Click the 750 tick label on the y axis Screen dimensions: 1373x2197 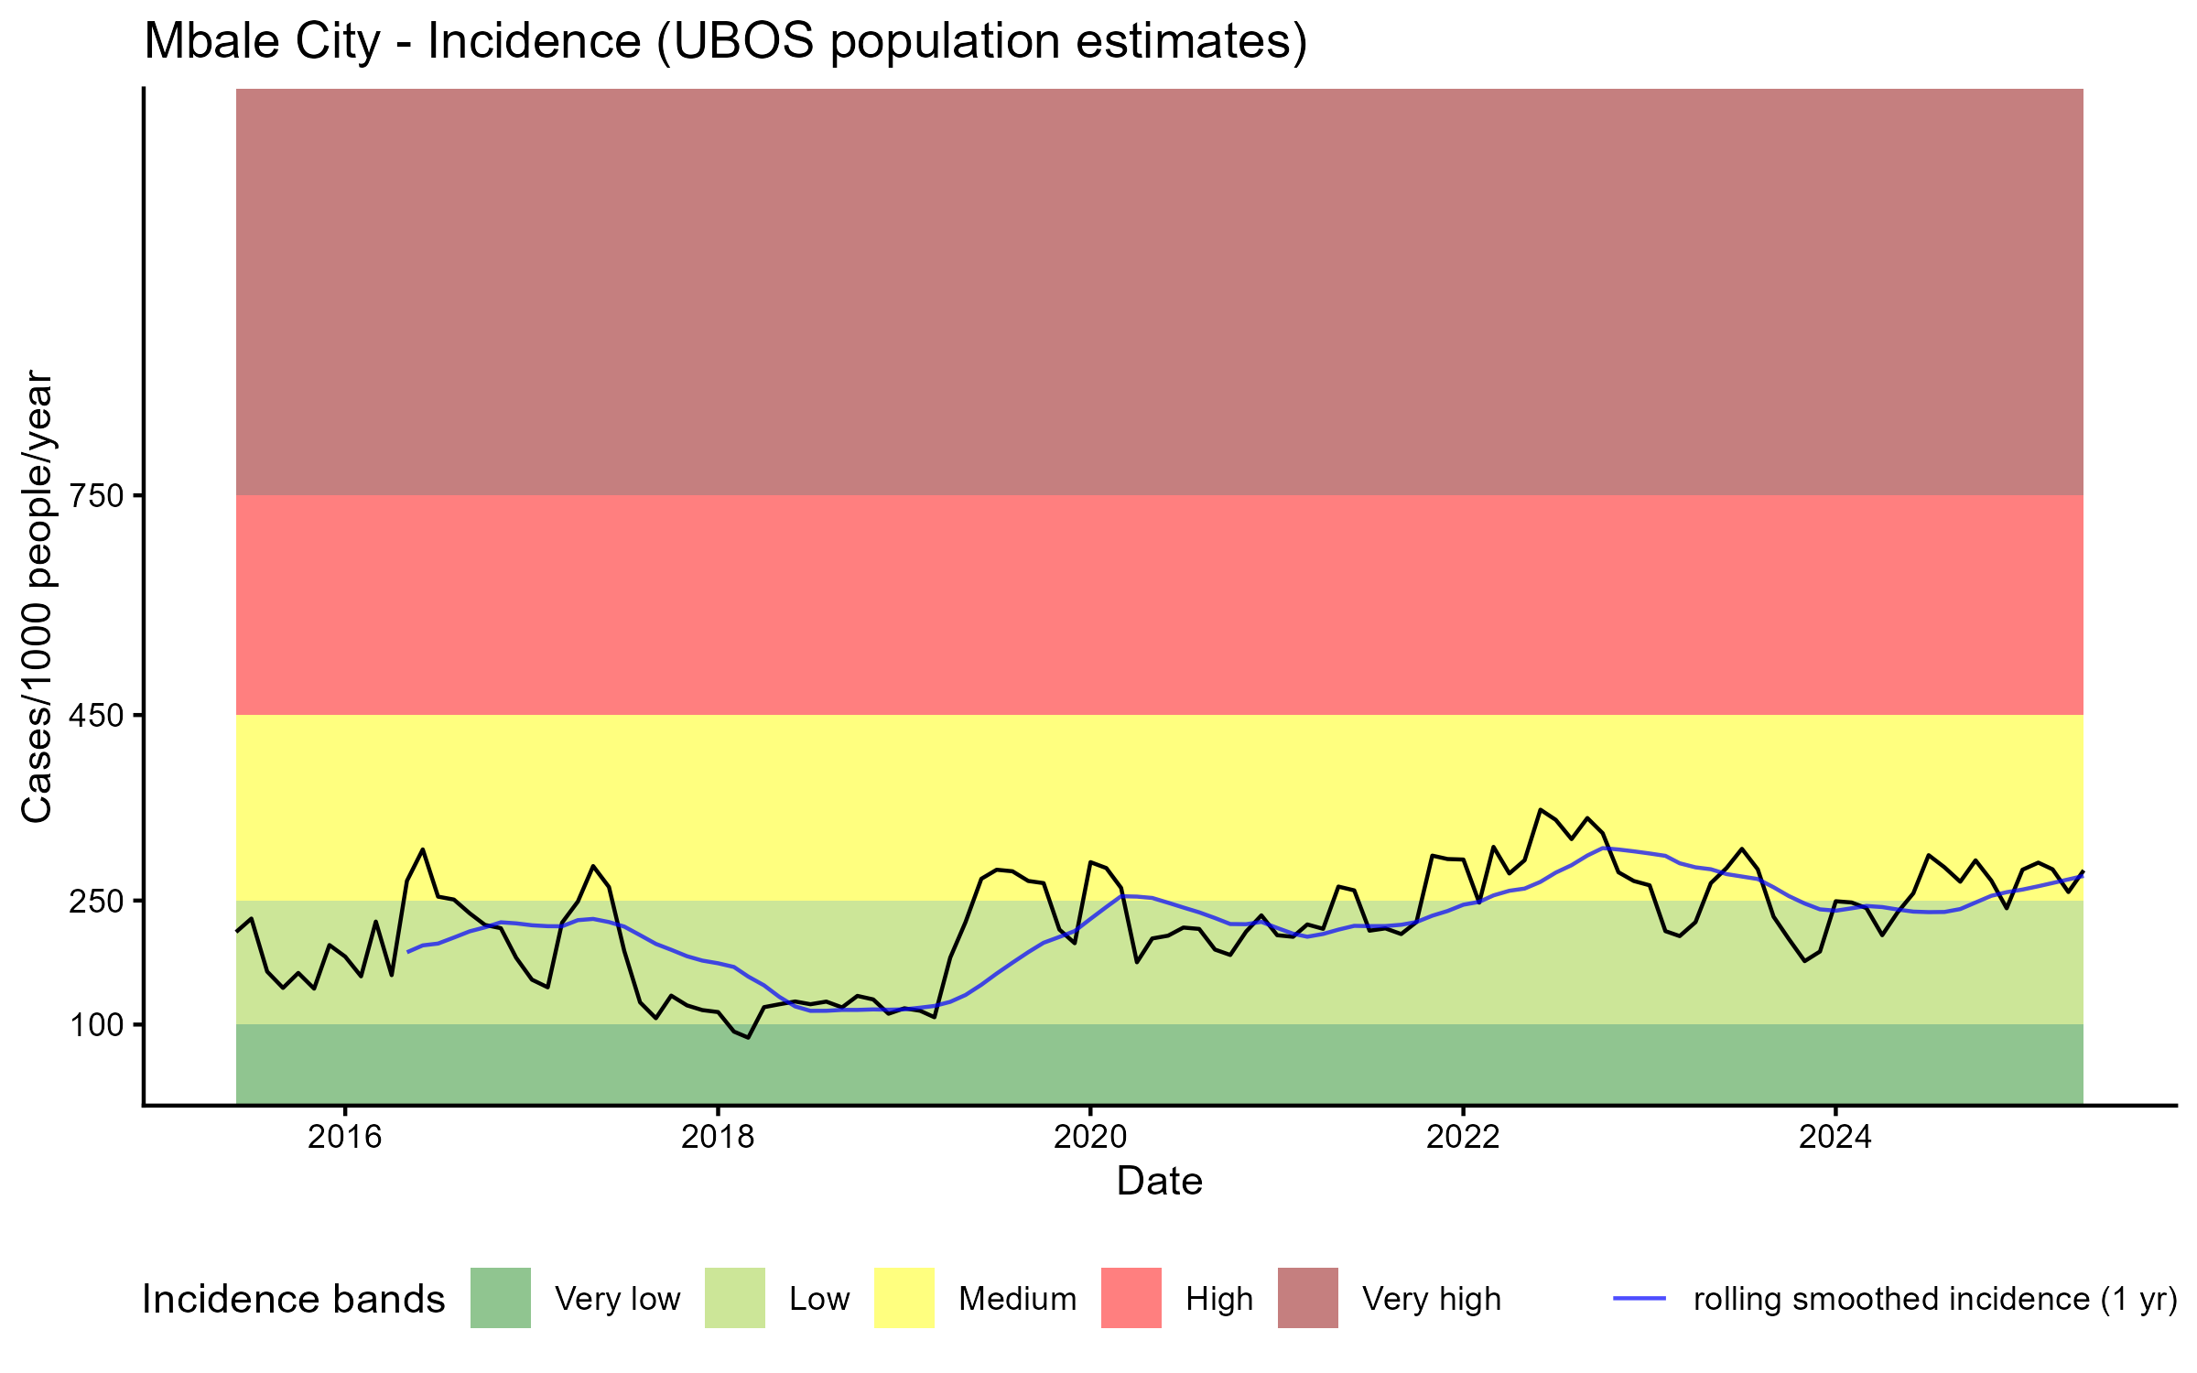96,496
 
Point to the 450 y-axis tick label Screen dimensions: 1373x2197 96,715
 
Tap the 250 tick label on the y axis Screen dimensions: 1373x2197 96,902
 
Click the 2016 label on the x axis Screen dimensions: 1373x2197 344,1137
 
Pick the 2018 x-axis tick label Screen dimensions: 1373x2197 718,1137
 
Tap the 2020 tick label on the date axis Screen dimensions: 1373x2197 1090,1137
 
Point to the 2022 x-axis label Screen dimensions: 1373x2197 1463,1137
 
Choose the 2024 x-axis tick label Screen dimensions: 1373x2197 1835,1137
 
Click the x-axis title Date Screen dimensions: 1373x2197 1159,1182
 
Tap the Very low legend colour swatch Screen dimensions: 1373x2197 501,1298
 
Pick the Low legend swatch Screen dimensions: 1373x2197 735,1298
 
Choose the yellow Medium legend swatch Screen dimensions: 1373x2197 904,1298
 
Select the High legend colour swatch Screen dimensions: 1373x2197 1131,1298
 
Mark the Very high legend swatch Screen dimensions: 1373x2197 1308,1298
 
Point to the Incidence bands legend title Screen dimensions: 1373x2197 294,1300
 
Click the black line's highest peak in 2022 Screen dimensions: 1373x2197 1541,809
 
